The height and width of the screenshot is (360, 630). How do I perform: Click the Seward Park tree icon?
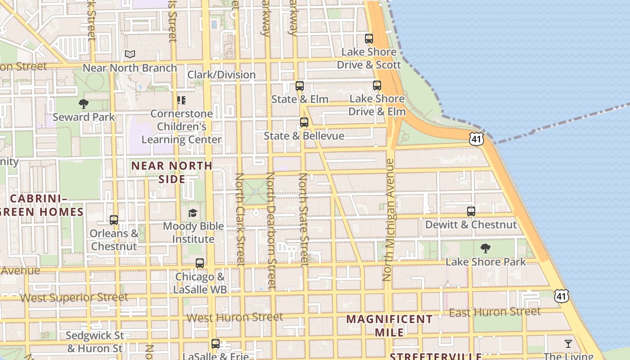[83, 104]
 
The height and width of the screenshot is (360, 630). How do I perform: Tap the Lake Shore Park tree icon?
[485, 248]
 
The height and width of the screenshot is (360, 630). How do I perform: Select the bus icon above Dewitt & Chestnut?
[471, 211]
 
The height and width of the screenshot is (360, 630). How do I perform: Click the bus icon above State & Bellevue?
[304, 122]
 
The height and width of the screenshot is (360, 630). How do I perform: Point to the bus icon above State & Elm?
[300, 85]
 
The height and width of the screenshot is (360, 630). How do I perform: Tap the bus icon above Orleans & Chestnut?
[114, 220]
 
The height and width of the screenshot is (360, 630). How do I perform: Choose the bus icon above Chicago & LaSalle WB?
[200, 263]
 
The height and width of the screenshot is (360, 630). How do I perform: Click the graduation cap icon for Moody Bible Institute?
[193, 213]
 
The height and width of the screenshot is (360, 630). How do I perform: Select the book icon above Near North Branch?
[130, 54]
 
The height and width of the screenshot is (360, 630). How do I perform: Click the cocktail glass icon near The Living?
[568, 344]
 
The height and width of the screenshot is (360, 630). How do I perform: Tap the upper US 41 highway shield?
[476, 139]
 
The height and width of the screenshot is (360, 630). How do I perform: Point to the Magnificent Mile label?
[389, 325]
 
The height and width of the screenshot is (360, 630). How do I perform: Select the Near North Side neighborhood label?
[171, 172]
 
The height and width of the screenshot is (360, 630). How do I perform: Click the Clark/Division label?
[221, 75]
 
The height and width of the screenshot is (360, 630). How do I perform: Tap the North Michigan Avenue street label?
[388, 220]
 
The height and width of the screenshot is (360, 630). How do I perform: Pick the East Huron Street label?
[495, 312]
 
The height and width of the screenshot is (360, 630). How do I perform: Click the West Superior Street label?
[74, 297]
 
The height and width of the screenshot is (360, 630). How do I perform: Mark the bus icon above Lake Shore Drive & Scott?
[369, 39]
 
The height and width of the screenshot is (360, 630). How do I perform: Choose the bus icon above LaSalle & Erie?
[216, 344]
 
